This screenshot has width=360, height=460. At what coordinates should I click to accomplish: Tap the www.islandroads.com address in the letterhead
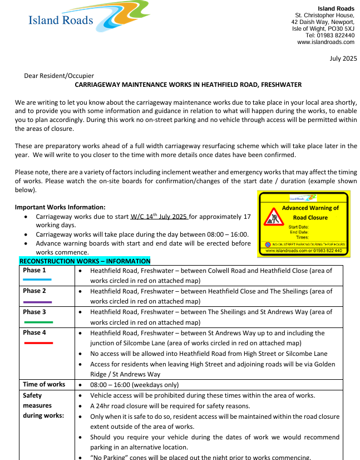(x=326, y=42)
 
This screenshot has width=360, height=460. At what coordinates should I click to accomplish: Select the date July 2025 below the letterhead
(x=343, y=58)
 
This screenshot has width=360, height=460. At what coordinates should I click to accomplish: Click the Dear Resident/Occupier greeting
(x=59, y=76)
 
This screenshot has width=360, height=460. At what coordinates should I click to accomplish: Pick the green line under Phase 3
(x=38, y=322)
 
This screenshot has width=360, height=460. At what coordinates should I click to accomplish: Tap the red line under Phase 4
(x=38, y=343)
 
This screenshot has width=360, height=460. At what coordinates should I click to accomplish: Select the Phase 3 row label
(x=34, y=312)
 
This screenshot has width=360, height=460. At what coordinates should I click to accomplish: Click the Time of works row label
(x=43, y=384)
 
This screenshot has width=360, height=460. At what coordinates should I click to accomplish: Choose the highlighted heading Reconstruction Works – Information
(x=85, y=261)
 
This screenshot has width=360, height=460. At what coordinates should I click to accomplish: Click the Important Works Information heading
(x=60, y=207)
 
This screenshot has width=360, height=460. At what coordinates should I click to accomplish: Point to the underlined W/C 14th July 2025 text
(x=160, y=216)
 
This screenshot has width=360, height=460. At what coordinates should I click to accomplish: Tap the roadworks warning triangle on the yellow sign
(x=273, y=216)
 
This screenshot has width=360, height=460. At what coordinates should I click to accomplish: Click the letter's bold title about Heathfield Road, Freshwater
(x=188, y=85)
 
